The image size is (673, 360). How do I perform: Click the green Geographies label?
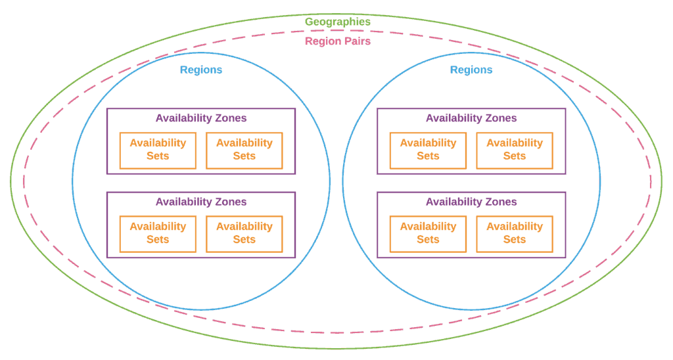[x=337, y=22]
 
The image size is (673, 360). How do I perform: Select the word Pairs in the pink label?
[x=357, y=41]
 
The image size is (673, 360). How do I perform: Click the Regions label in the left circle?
[x=201, y=70]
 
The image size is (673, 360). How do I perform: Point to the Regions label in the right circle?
[x=471, y=70]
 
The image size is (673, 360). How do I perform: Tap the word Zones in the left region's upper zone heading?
[x=231, y=118]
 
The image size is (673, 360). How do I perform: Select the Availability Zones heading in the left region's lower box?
[x=201, y=202]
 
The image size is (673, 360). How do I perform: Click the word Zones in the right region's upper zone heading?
[x=501, y=118]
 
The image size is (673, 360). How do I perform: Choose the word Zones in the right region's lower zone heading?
[x=501, y=202]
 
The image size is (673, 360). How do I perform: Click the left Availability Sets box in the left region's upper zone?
[x=158, y=150]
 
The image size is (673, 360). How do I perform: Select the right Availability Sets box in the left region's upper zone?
[x=244, y=150]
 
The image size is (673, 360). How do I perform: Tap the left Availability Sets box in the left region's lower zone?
[x=158, y=234]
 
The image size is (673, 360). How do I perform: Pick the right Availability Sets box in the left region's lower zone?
[x=244, y=234]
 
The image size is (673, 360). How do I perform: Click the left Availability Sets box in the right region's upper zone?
[x=428, y=150]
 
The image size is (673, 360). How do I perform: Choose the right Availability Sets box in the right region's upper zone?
[x=515, y=150]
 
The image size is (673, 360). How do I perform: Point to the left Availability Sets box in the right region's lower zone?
[x=428, y=234]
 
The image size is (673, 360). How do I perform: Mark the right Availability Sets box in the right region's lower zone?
[x=515, y=234]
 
